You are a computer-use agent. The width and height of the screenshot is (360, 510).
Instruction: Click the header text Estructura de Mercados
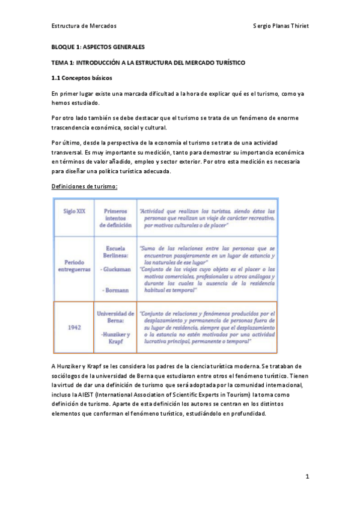[84, 26]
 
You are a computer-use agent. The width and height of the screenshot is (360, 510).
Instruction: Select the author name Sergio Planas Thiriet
[281, 26]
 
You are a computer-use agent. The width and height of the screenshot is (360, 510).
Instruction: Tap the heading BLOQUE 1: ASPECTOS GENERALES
[97, 46]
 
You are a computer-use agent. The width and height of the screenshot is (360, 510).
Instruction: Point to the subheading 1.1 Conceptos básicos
[81, 78]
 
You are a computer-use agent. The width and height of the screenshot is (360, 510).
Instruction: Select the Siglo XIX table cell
[74, 212]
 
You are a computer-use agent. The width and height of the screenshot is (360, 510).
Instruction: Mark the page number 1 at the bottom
[307, 476]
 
